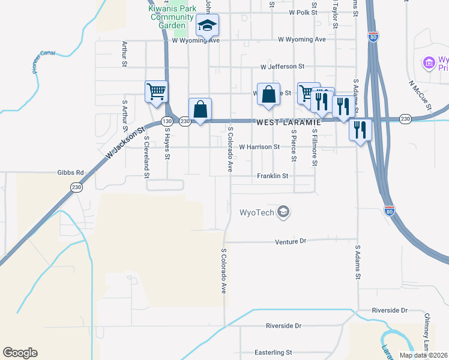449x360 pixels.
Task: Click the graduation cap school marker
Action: pos(208,26)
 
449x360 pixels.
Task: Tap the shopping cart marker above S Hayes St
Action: pos(156,92)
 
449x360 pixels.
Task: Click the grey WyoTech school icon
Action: pos(284,212)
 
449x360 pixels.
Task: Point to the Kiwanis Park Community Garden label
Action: pos(172,17)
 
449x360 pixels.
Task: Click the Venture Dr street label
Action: pos(291,241)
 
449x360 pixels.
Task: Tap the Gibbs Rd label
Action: pos(71,172)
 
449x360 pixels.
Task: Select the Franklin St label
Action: pos(273,176)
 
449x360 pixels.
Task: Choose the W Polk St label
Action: pos(303,12)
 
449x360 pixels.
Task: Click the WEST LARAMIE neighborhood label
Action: pos(289,122)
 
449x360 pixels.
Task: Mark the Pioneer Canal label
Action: pos(43,61)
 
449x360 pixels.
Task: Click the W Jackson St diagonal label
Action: pos(126,145)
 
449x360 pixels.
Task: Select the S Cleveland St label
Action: pos(146,157)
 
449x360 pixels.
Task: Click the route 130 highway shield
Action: pos(166,122)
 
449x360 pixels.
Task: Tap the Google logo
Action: pos(20,353)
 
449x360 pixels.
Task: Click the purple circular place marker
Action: pos(429,62)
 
